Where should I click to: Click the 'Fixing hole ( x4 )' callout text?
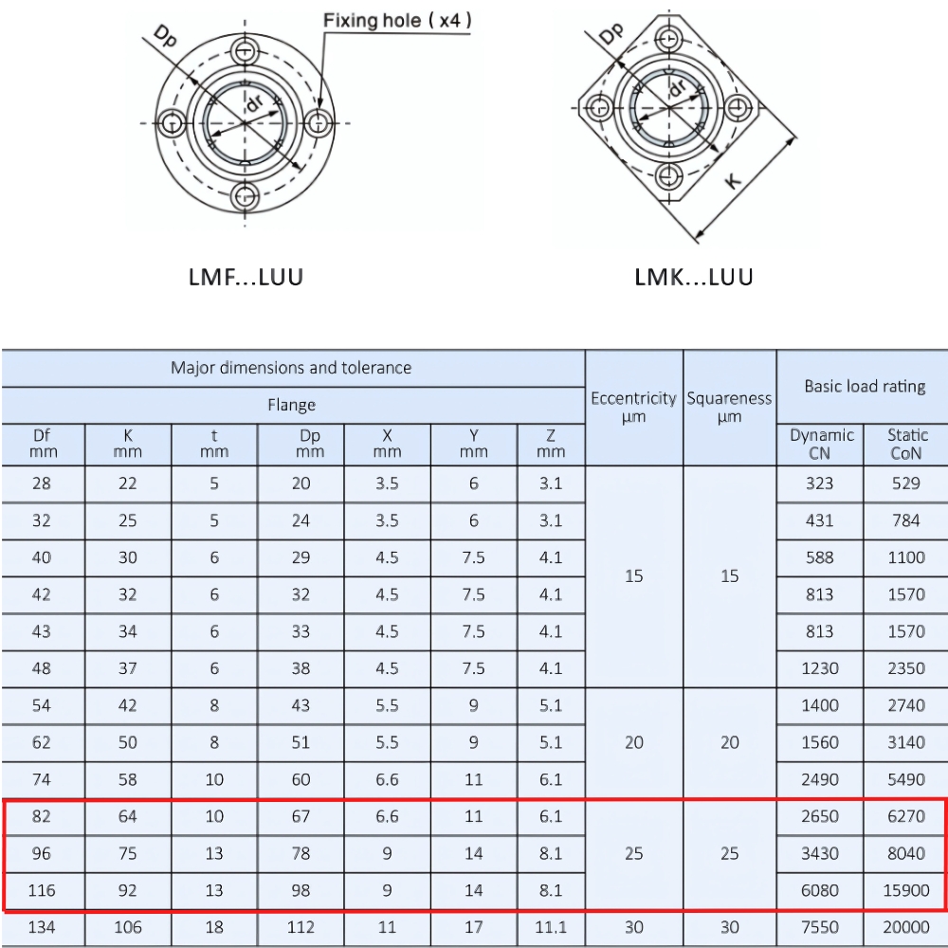click(x=397, y=20)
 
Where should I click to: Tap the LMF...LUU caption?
click(x=246, y=278)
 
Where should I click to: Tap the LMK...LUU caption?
click(x=694, y=278)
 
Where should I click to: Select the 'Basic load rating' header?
click(x=865, y=386)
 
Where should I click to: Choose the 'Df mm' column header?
click(x=42, y=444)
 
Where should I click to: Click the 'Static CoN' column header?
click(x=906, y=444)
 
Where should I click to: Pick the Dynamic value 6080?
click(x=819, y=890)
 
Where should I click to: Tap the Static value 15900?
click(x=906, y=890)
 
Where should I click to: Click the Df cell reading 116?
click(x=42, y=890)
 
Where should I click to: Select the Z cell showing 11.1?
click(x=550, y=927)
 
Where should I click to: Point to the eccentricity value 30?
click(x=633, y=927)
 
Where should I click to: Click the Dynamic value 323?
click(x=819, y=483)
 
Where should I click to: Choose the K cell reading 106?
click(x=128, y=927)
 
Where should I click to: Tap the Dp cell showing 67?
click(x=301, y=816)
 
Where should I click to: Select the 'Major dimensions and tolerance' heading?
click(x=291, y=368)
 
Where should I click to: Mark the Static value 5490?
click(x=906, y=779)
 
